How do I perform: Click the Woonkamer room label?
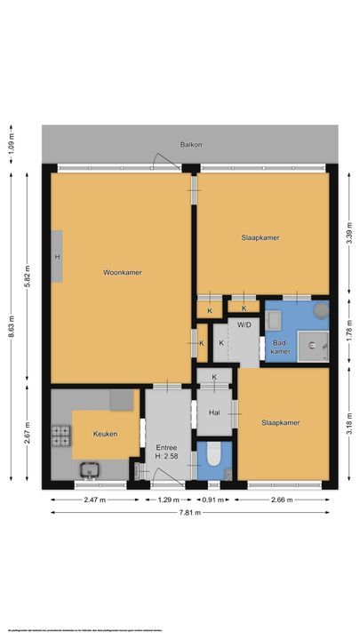tap(122, 272)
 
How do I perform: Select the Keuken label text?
tap(105, 434)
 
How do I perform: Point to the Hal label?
tap(214, 412)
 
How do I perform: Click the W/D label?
tap(243, 324)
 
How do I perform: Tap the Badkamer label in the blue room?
tap(280, 347)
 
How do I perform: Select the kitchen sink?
tap(89, 469)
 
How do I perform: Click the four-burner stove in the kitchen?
tap(60, 436)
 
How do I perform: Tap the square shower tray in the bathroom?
tap(313, 342)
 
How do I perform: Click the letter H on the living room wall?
tap(57, 257)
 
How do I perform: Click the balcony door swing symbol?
tap(164, 162)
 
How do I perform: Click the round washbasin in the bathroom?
tap(319, 310)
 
